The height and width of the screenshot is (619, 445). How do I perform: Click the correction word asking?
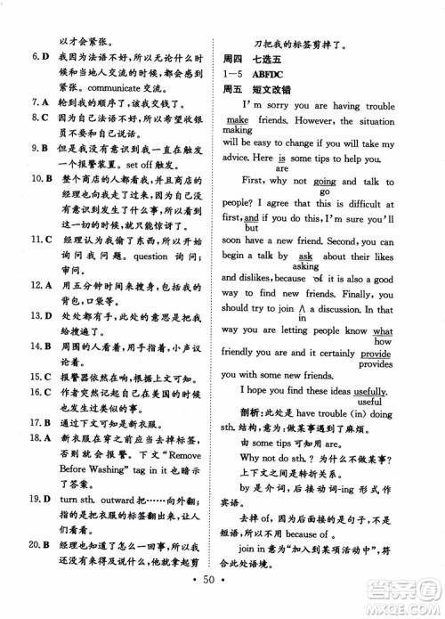(x=305, y=265)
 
